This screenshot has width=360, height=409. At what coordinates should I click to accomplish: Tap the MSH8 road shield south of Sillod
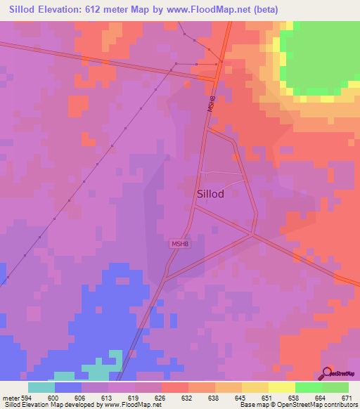coord(180,244)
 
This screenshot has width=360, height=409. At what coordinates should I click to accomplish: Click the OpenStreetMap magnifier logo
coord(328,372)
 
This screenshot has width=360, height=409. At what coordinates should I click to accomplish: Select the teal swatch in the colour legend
coord(41,387)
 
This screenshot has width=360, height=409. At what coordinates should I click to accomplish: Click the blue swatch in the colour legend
coord(67,387)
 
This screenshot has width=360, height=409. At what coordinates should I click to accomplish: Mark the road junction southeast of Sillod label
coord(254,235)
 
